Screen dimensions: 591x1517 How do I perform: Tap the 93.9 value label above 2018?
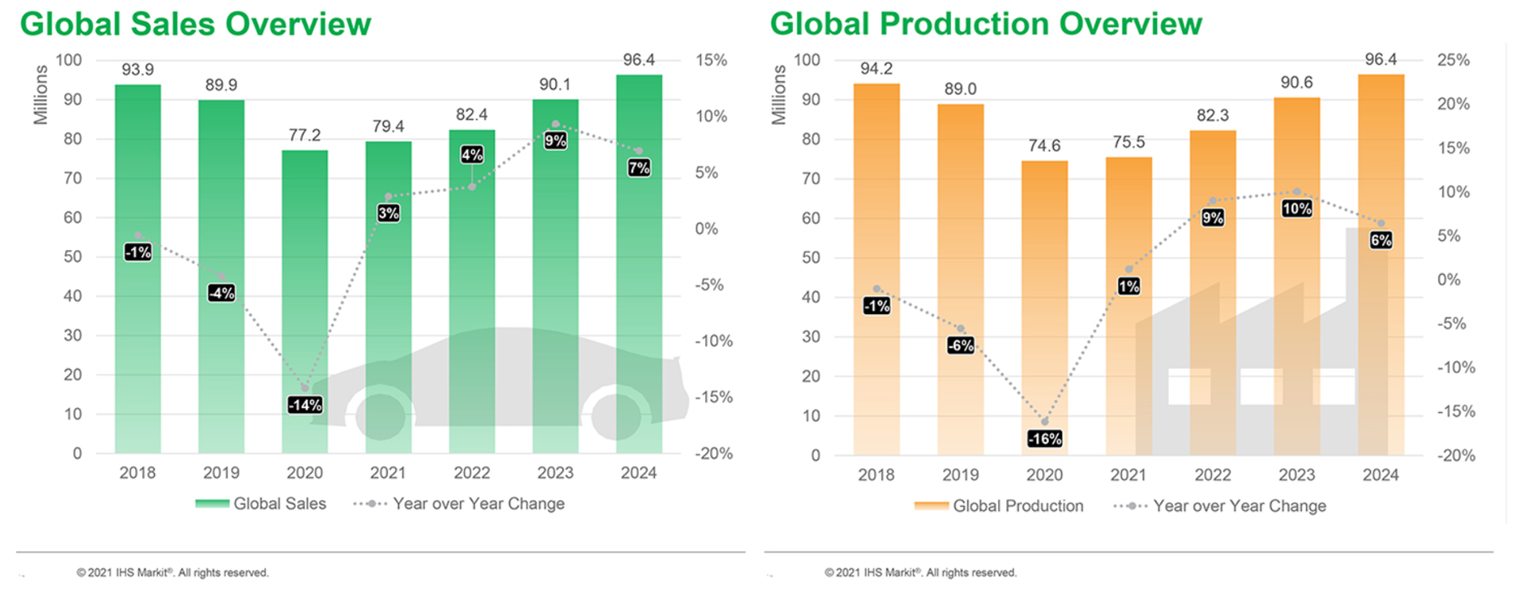[x=137, y=69]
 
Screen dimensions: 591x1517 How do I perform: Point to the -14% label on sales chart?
[x=305, y=405]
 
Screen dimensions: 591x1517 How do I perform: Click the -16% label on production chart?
[x=1044, y=438]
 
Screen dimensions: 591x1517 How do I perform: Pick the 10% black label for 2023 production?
[x=1297, y=208]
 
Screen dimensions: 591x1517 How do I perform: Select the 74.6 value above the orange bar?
[x=1044, y=145]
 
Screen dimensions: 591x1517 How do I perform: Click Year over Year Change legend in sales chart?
[x=477, y=504]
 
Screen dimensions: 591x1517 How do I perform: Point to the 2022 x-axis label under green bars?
[x=472, y=473]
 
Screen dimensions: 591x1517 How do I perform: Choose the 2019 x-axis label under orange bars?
[x=961, y=475]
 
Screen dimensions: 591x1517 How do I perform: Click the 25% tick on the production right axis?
[x=1453, y=60]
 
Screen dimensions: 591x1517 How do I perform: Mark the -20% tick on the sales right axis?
[x=713, y=454]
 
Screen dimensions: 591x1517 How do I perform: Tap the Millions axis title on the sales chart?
[x=41, y=95]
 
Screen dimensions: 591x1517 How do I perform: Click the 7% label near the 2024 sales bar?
[x=639, y=168]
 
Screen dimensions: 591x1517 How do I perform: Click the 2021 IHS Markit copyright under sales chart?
[x=172, y=573]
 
